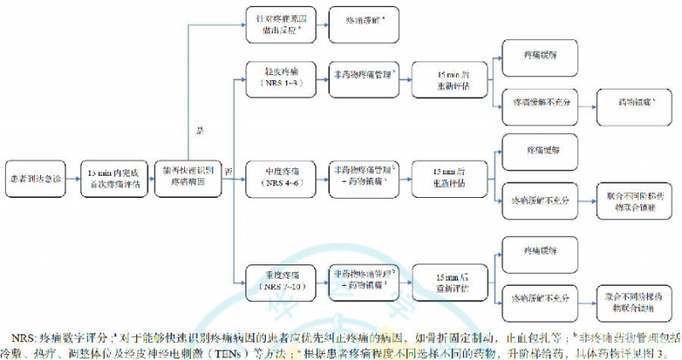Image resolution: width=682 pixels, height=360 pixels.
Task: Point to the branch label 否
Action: click(x=228, y=173)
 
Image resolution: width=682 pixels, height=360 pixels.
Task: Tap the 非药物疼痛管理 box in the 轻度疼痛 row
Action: click(x=362, y=81)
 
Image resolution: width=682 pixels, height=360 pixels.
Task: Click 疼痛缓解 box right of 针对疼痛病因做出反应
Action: click(x=362, y=19)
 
